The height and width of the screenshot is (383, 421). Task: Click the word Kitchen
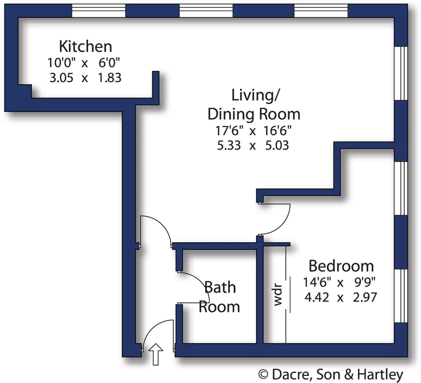pyautogui.click(x=85, y=46)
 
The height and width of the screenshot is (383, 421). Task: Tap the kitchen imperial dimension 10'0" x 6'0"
pyautogui.click(x=83, y=63)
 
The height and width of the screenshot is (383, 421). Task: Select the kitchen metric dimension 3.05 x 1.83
pyautogui.click(x=85, y=78)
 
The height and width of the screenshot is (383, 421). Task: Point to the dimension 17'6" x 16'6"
pyautogui.click(x=253, y=131)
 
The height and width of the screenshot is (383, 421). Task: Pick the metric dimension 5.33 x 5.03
pyautogui.click(x=253, y=145)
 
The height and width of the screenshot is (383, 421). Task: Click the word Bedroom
pyautogui.click(x=341, y=266)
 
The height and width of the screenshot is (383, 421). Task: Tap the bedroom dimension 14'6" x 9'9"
pyautogui.click(x=339, y=283)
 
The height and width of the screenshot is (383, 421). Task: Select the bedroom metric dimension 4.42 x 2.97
pyautogui.click(x=340, y=298)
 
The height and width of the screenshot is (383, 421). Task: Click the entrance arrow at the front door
pyautogui.click(x=156, y=354)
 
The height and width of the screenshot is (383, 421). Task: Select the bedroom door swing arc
pyautogui.click(x=281, y=224)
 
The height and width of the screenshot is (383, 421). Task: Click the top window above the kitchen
pyautogui.click(x=98, y=11)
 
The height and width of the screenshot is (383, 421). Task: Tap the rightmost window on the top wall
pyautogui.click(x=321, y=11)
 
